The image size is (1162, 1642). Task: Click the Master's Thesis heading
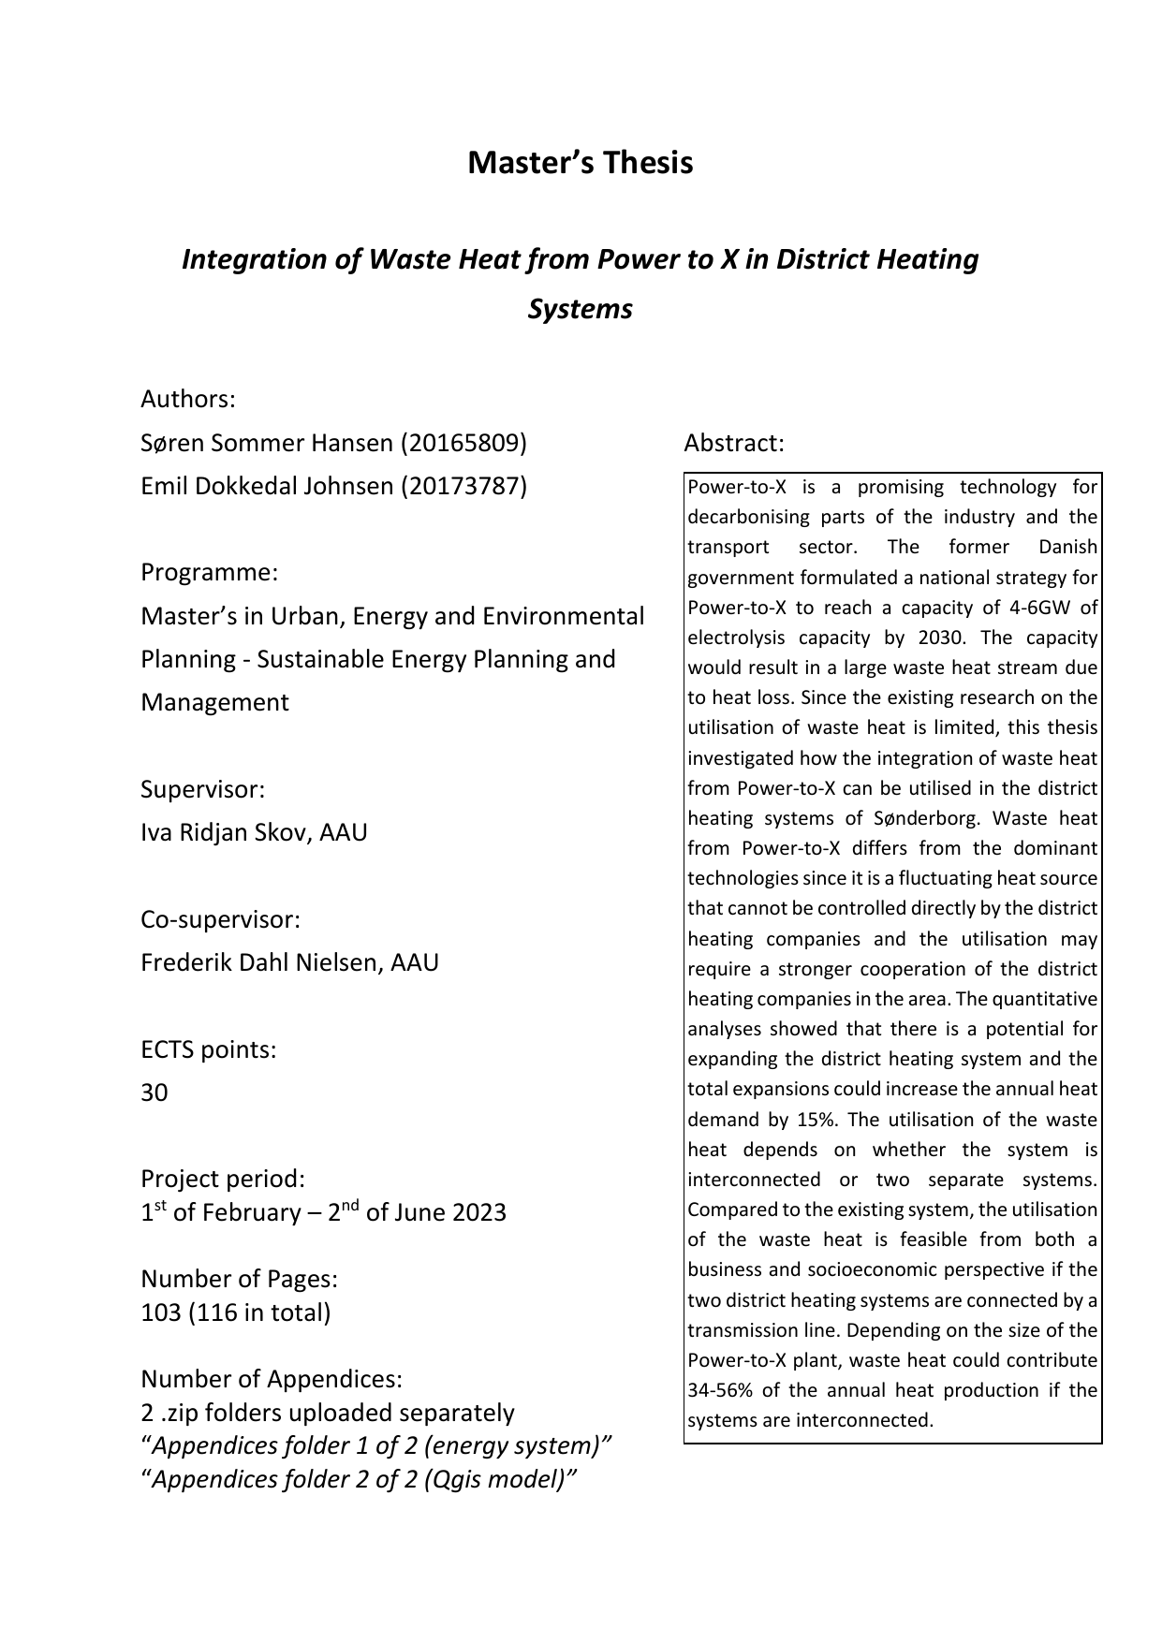coord(580,163)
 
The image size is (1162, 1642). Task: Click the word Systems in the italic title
coord(580,309)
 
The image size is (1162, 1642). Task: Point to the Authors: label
coord(187,400)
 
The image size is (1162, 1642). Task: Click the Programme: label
coord(209,572)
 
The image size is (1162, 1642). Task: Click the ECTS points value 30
coord(154,1092)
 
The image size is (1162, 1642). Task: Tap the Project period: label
coord(222,1179)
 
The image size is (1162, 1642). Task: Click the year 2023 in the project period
coord(478,1213)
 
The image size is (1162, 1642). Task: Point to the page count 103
coord(160,1312)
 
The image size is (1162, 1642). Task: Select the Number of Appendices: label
coord(272,1379)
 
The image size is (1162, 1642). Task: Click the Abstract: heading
coord(733,443)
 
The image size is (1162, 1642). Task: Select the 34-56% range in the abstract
coord(722,1390)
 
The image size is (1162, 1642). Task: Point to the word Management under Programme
coord(214,702)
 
